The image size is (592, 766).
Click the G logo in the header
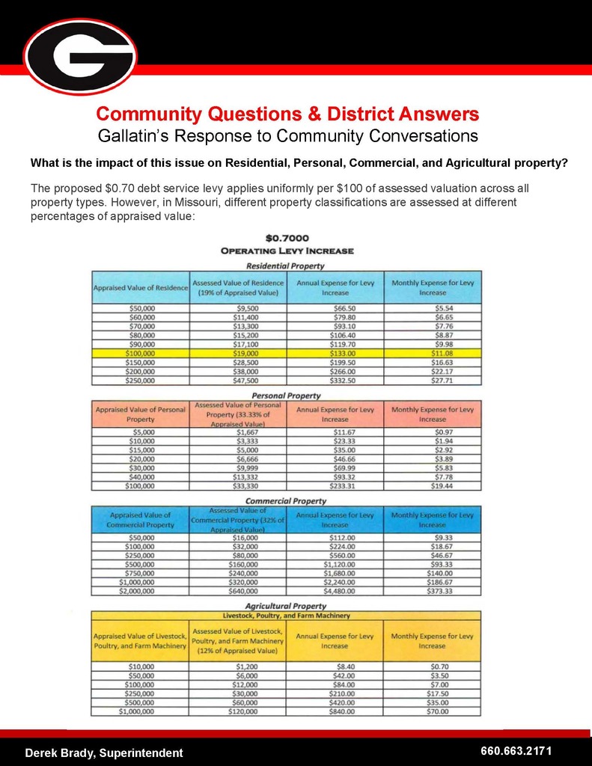click(x=80, y=56)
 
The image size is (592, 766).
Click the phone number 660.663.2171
click(x=516, y=750)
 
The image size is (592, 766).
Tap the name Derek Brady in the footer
click(x=64, y=753)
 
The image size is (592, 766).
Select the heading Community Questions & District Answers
click(x=287, y=114)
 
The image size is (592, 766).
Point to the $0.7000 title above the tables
click(x=287, y=239)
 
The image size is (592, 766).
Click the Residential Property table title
click(x=286, y=266)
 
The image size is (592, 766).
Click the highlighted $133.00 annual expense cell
click(x=335, y=352)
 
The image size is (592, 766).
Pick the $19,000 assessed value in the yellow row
click(x=239, y=352)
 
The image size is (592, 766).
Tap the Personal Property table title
click(x=286, y=395)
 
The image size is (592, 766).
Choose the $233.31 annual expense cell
click(x=335, y=485)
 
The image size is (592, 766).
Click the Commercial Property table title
click(x=286, y=500)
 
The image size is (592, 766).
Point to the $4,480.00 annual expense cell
click(x=335, y=590)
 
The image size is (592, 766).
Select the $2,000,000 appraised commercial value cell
click(x=140, y=590)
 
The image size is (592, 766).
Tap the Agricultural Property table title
click(x=286, y=605)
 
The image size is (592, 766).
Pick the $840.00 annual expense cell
click(x=335, y=711)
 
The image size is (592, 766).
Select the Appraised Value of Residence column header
click(x=140, y=288)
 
